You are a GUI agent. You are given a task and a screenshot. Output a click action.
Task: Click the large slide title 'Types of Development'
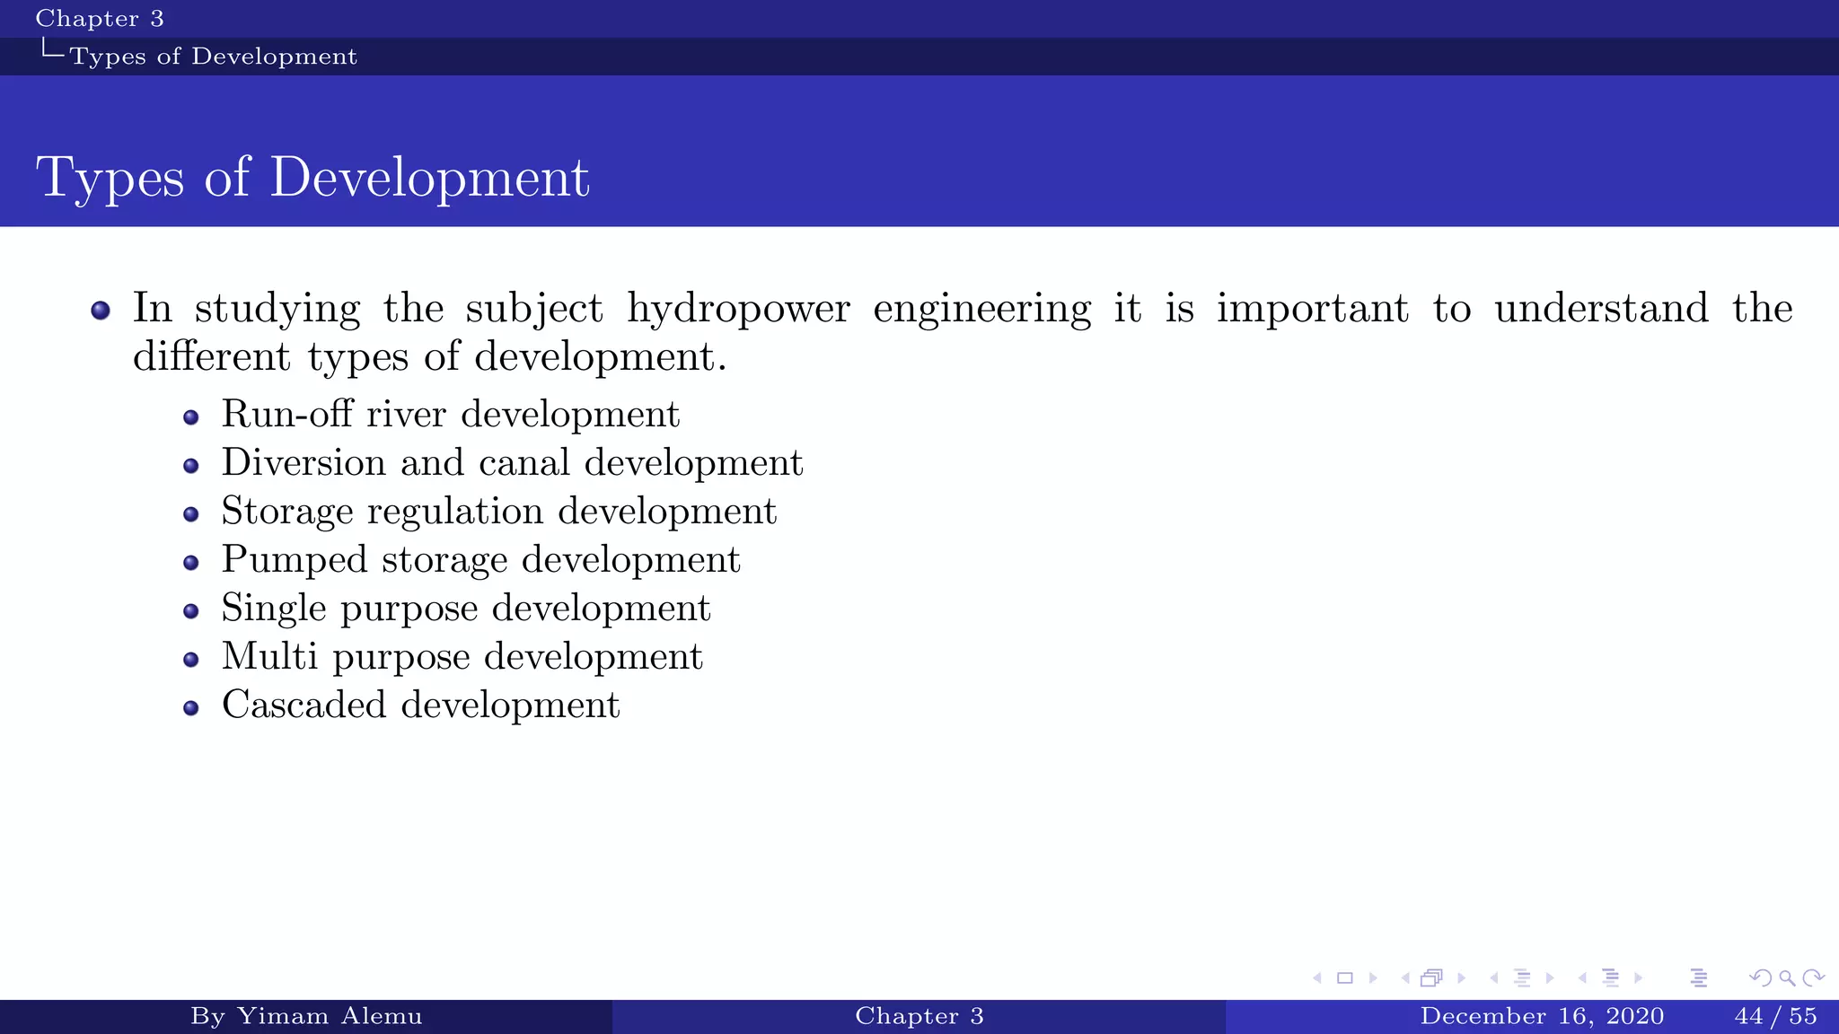click(312, 177)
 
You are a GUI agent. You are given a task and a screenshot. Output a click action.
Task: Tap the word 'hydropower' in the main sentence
click(737, 310)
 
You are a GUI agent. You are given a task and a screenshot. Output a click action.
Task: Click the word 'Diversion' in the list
click(304, 463)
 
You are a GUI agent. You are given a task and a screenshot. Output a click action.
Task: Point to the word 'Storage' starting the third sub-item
click(287, 512)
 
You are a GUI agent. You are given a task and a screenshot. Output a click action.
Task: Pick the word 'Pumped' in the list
click(295, 560)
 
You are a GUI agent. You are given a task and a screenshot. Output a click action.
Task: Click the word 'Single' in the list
click(274, 609)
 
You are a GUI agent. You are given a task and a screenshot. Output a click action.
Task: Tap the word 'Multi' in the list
click(269, 657)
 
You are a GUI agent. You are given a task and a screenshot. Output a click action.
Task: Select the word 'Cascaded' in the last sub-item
click(304, 705)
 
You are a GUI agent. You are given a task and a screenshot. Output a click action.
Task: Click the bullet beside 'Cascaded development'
click(190, 708)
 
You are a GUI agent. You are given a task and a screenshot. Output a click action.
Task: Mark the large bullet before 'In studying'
click(101, 311)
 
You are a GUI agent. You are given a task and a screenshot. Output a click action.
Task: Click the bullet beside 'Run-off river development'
click(190, 417)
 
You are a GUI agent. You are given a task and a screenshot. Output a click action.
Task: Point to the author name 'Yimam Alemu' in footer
click(329, 1016)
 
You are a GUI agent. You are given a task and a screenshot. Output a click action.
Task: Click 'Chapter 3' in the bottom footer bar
click(919, 1016)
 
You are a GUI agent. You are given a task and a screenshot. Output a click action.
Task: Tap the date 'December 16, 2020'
click(1542, 1016)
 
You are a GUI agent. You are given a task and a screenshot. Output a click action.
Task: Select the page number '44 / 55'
click(1775, 1016)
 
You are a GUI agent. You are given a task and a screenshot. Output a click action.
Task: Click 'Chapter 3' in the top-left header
click(99, 19)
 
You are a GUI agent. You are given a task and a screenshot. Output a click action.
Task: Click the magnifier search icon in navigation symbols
click(1787, 977)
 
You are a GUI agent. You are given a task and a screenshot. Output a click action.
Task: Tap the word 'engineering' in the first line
click(981, 310)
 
